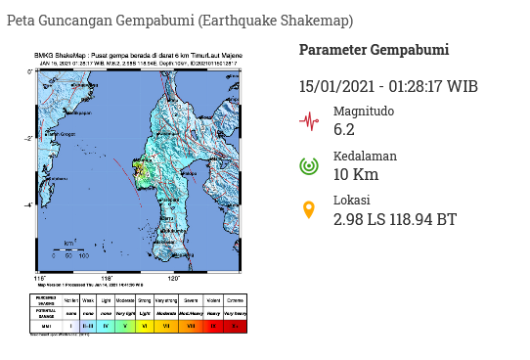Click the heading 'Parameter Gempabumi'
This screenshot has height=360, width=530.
click(374, 50)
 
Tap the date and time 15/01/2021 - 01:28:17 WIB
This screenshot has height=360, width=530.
click(388, 87)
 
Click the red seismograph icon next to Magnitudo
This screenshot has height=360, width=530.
click(309, 121)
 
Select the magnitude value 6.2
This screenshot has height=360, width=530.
click(345, 129)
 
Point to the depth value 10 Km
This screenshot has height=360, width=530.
click(355, 174)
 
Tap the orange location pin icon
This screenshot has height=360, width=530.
click(309, 210)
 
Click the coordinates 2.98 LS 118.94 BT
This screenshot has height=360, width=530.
click(394, 219)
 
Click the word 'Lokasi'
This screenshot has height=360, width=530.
click(352, 202)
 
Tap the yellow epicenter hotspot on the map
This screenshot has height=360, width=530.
click(141, 171)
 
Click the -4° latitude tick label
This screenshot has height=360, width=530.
click(30, 204)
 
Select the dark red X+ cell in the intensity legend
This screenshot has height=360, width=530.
click(235, 326)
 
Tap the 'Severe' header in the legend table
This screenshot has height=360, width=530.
click(192, 301)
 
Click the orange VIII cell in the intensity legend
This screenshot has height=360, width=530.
click(192, 326)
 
